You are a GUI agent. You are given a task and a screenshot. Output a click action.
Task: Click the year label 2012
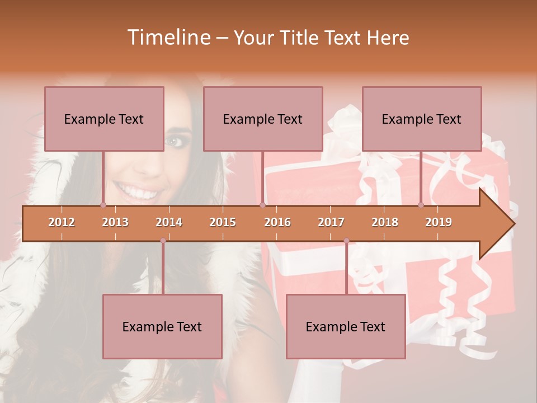click(62, 222)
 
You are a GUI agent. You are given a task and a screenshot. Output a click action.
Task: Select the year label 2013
click(115, 222)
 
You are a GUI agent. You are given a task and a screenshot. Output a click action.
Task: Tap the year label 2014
click(169, 222)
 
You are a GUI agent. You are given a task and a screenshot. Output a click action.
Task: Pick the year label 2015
click(223, 222)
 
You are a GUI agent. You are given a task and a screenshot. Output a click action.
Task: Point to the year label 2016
click(277, 222)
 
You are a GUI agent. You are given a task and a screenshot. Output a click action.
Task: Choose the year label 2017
click(331, 222)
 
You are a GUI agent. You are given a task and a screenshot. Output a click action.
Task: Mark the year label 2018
click(385, 222)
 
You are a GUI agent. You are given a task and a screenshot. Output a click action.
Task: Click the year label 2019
click(439, 222)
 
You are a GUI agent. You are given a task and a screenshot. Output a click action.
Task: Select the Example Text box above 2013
click(104, 119)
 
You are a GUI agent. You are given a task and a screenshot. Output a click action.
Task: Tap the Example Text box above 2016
click(263, 119)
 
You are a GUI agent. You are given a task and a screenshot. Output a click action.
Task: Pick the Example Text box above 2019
click(422, 119)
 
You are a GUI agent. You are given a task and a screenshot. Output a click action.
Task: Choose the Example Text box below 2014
click(162, 326)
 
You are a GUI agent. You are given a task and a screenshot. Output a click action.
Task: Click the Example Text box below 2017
click(346, 326)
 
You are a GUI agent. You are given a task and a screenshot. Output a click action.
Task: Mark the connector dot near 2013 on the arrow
click(103, 205)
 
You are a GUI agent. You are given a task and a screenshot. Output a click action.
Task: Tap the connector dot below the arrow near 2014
click(163, 241)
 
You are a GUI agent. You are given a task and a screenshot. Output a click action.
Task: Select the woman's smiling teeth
click(136, 193)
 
